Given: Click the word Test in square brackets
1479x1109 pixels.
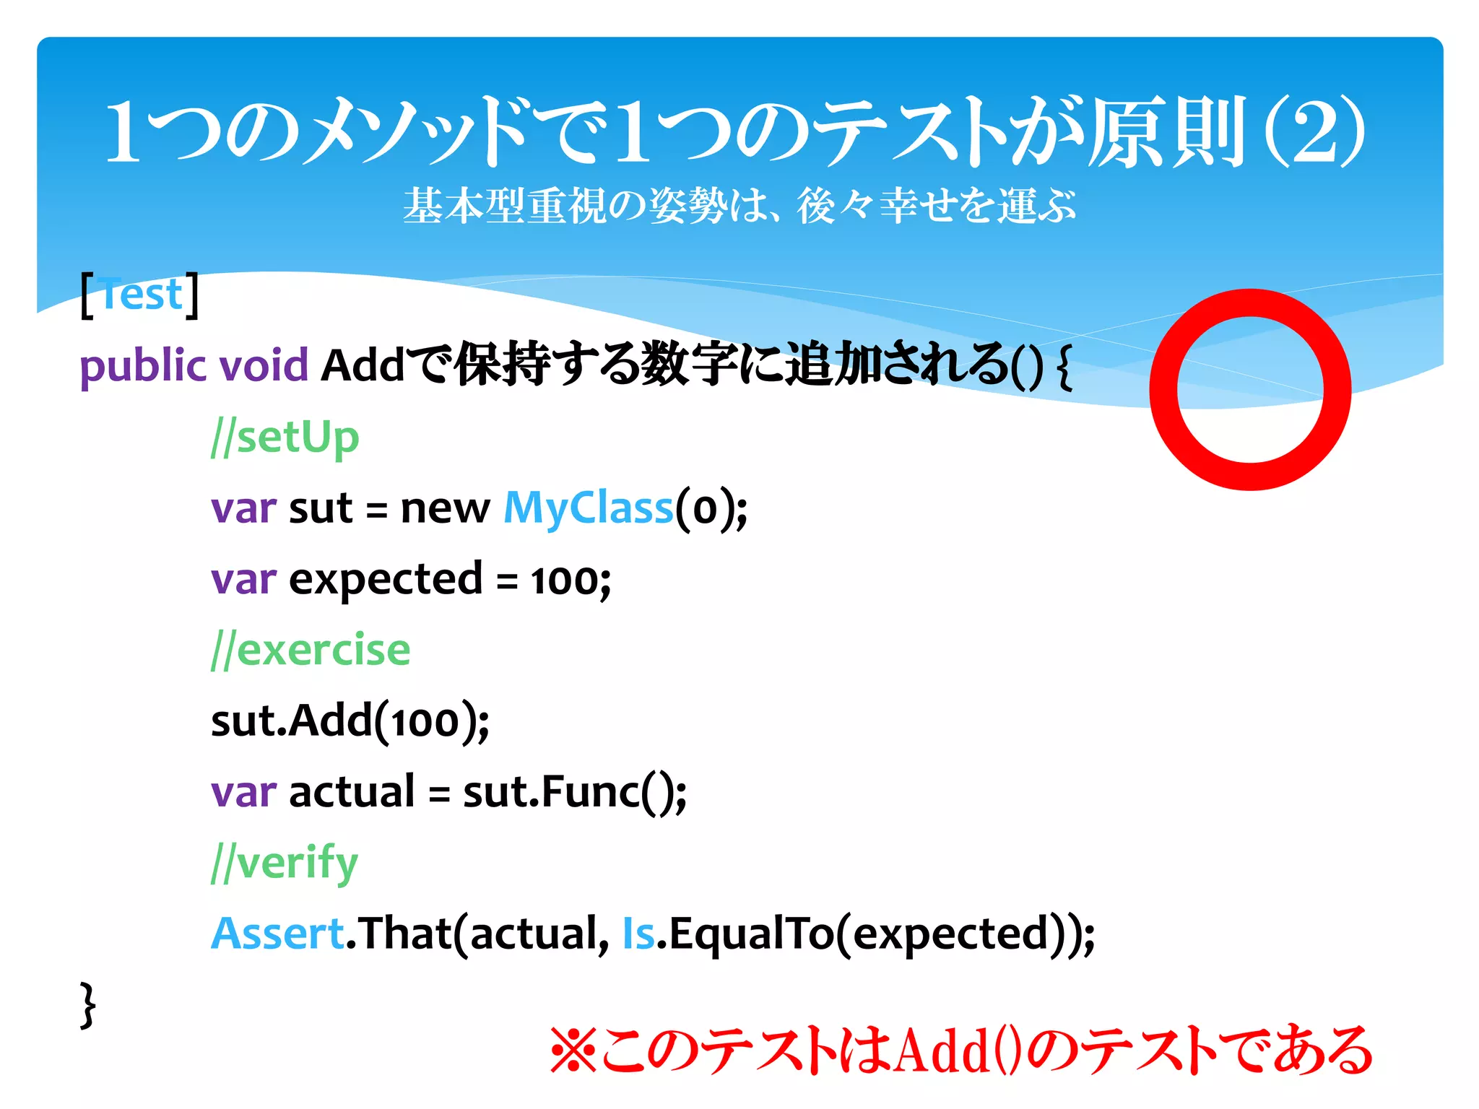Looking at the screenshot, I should pyautogui.click(x=142, y=294).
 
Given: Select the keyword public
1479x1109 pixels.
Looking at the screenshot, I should pyautogui.click(x=144, y=365).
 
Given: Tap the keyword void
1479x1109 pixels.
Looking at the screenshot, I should pyautogui.click(x=264, y=365).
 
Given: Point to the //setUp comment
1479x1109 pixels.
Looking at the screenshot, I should pyautogui.click(x=285, y=438).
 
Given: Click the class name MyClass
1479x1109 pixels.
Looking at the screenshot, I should pyautogui.click(x=588, y=508).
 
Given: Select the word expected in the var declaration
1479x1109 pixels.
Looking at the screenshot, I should pyautogui.click(x=386, y=579).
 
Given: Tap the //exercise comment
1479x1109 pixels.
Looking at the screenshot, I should pyautogui.click(x=311, y=650).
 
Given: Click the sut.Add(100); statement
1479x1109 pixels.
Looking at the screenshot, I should pyautogui.click(x=350, y=721).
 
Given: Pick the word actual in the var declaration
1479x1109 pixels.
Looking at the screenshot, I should pyautogui.click(x=352, y=791).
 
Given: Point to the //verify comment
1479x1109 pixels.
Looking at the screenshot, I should pyautogui.click(x=285, y=862).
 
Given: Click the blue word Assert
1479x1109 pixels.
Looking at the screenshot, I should pyautogui.click(x=277, y=933).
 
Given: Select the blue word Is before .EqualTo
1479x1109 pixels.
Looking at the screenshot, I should pyautogui.click(x=638, y=933).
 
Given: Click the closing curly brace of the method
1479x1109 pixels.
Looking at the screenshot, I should pyautogui.click(x=87, y=1004).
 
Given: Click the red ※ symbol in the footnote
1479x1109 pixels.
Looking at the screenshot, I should pyautogui.click(x=573, y=1051).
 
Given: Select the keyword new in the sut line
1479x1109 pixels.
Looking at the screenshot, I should pyautogui.click(x=445, y=508).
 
